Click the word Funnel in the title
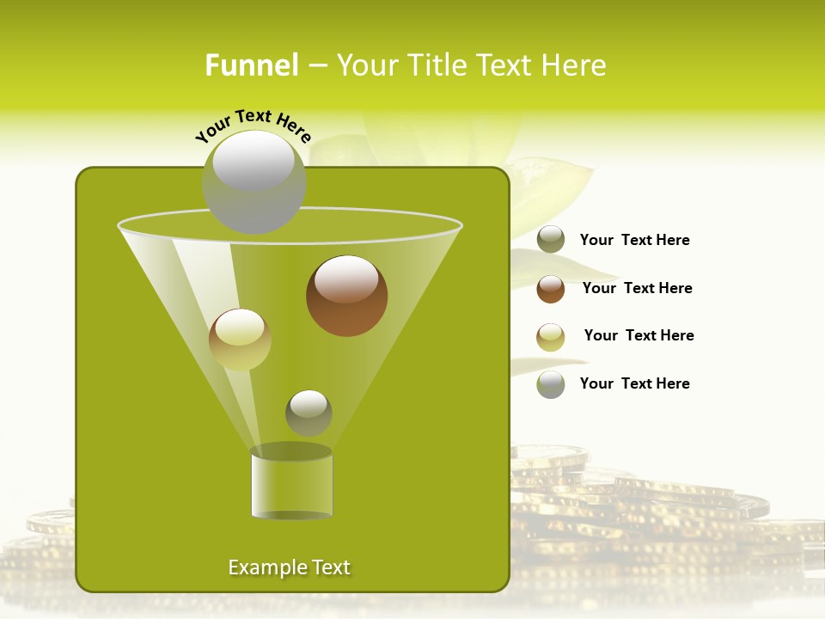coord(251,65)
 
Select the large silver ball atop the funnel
coord(254,182)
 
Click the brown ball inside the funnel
coord(346,297)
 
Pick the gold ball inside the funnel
coord(240,340)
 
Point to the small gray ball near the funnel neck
coord(309,413)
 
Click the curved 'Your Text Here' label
coord(253,126)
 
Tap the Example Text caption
coord(289,567)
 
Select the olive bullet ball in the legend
coord(551,240)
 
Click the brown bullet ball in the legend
coord(551,289)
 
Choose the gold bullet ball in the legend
coord(551,337)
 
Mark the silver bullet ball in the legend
coord(551,384)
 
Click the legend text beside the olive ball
coord(634,241)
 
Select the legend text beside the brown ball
coord(637,288)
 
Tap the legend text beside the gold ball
coord(639,335)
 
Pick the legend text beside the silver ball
coord(634,383)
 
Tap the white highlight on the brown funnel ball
coord(346,279)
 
